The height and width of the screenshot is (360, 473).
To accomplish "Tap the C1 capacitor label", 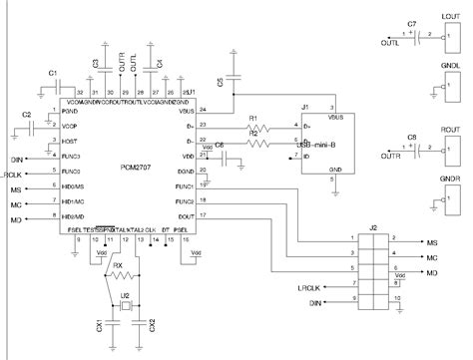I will (54, 75).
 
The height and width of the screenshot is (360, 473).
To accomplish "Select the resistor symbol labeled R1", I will (258, 128).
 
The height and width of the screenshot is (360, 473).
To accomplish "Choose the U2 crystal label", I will (125, 296).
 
